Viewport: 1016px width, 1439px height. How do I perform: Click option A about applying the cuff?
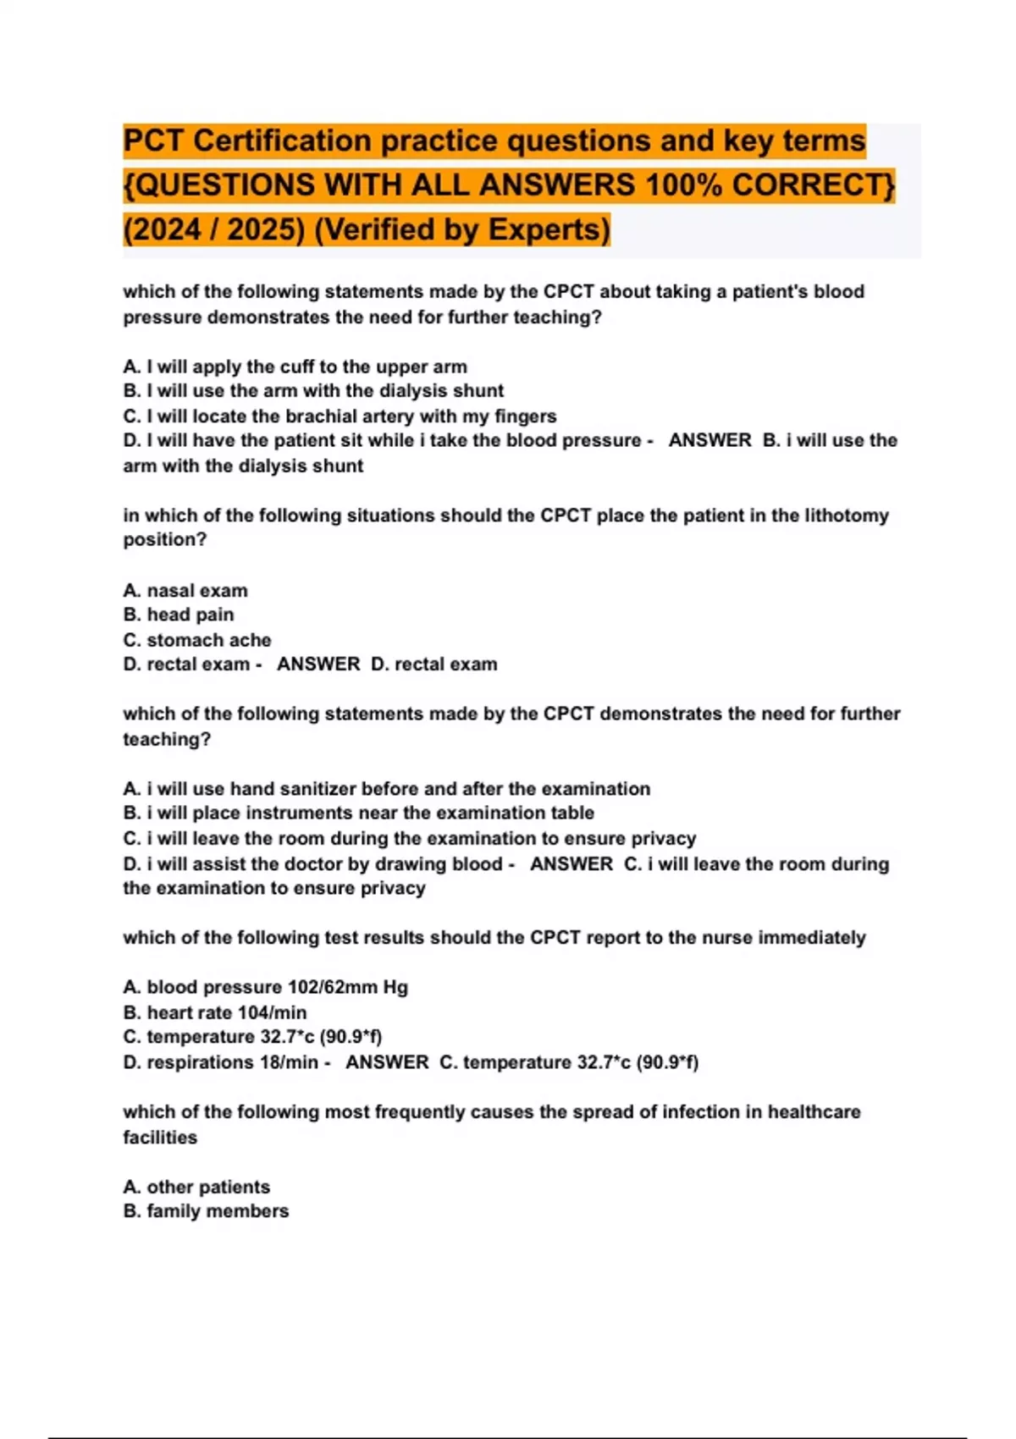point(295,367)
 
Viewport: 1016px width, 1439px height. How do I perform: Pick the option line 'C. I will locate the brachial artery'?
point(340,416)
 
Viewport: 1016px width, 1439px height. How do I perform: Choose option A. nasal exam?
point(185,590)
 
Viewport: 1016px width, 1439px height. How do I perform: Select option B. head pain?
point(179,615)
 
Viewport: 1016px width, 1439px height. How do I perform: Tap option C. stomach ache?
point(197,640)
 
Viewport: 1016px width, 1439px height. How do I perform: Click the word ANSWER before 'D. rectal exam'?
point(318,664)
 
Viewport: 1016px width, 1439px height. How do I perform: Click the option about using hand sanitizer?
point(387,789)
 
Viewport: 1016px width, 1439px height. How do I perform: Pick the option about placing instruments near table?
point(358,813)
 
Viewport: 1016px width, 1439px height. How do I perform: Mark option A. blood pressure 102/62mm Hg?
point(265,987)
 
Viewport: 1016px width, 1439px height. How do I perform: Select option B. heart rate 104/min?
point(215,1012)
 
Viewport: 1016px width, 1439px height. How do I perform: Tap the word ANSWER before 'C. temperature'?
point(387,1062)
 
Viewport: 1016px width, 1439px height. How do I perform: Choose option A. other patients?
point(196,1187)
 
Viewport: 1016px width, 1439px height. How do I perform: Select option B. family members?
point(206,1211)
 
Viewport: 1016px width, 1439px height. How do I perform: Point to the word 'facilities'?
point(160,1137)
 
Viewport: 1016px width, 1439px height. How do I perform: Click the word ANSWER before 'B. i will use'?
point(710,440)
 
